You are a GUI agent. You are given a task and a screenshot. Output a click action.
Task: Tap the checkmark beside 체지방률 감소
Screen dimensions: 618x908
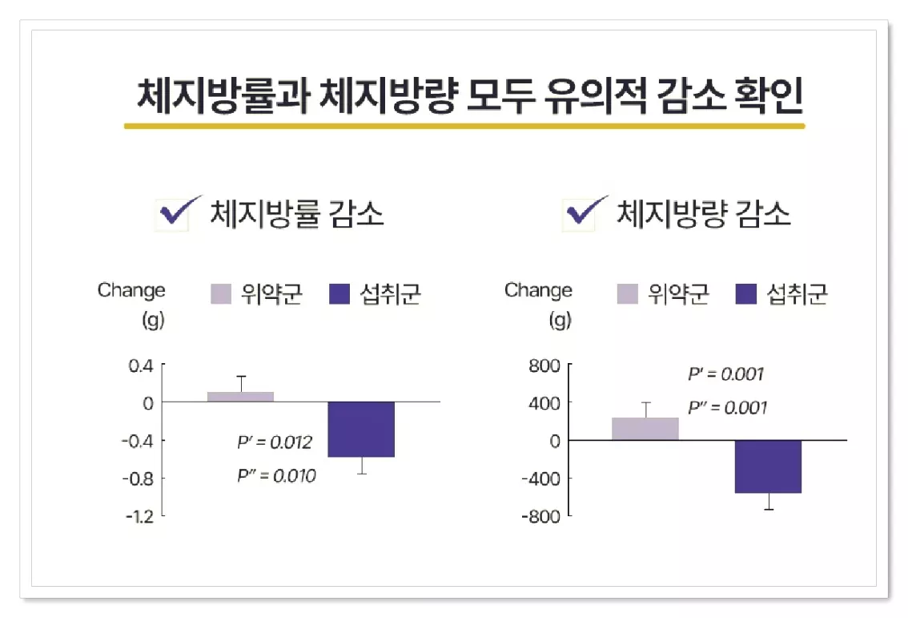click(177, 213)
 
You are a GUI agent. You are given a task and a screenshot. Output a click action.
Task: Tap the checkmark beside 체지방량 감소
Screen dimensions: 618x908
click(582, 213)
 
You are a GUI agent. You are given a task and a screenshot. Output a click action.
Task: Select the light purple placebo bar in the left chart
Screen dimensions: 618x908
click(240, 397)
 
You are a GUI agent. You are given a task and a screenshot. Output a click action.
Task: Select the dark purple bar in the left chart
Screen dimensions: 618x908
click(361, 429)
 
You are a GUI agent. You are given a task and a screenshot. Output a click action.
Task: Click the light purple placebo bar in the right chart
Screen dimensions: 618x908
click(645, 429)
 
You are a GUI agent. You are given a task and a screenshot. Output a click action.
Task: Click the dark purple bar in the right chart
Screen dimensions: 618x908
click(768, 467)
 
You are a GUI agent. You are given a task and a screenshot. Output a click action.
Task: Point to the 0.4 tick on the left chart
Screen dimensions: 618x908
click(141, 366)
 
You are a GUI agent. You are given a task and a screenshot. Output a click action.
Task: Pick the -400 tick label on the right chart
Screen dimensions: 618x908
click(540, 479)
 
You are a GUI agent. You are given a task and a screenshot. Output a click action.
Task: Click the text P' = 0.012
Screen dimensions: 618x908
click(274, 442)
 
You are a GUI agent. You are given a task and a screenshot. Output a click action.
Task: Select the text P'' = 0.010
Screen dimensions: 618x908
click(276, 476)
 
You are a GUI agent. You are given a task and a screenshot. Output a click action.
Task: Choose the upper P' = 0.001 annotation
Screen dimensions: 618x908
click(725, 374)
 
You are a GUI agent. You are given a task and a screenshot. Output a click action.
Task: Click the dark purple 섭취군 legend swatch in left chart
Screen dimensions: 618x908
click(340, 294)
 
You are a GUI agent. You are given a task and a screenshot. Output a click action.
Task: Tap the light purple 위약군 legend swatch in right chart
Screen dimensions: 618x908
click(627, 294)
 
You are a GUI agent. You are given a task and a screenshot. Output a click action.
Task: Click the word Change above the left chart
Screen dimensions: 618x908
click(131, 290)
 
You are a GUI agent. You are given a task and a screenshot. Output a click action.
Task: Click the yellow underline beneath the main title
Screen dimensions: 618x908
click(464, 126)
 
